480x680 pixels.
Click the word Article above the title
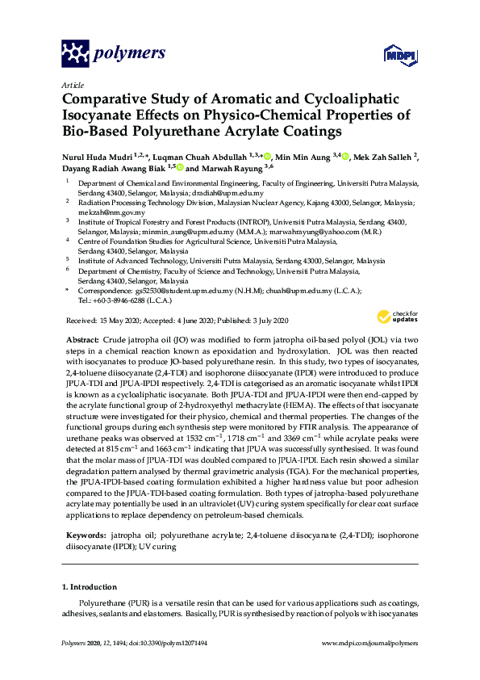tap(72, 84)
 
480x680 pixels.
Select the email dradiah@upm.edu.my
tap(232, 194)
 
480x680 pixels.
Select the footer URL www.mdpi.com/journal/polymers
tap(369, 643)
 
